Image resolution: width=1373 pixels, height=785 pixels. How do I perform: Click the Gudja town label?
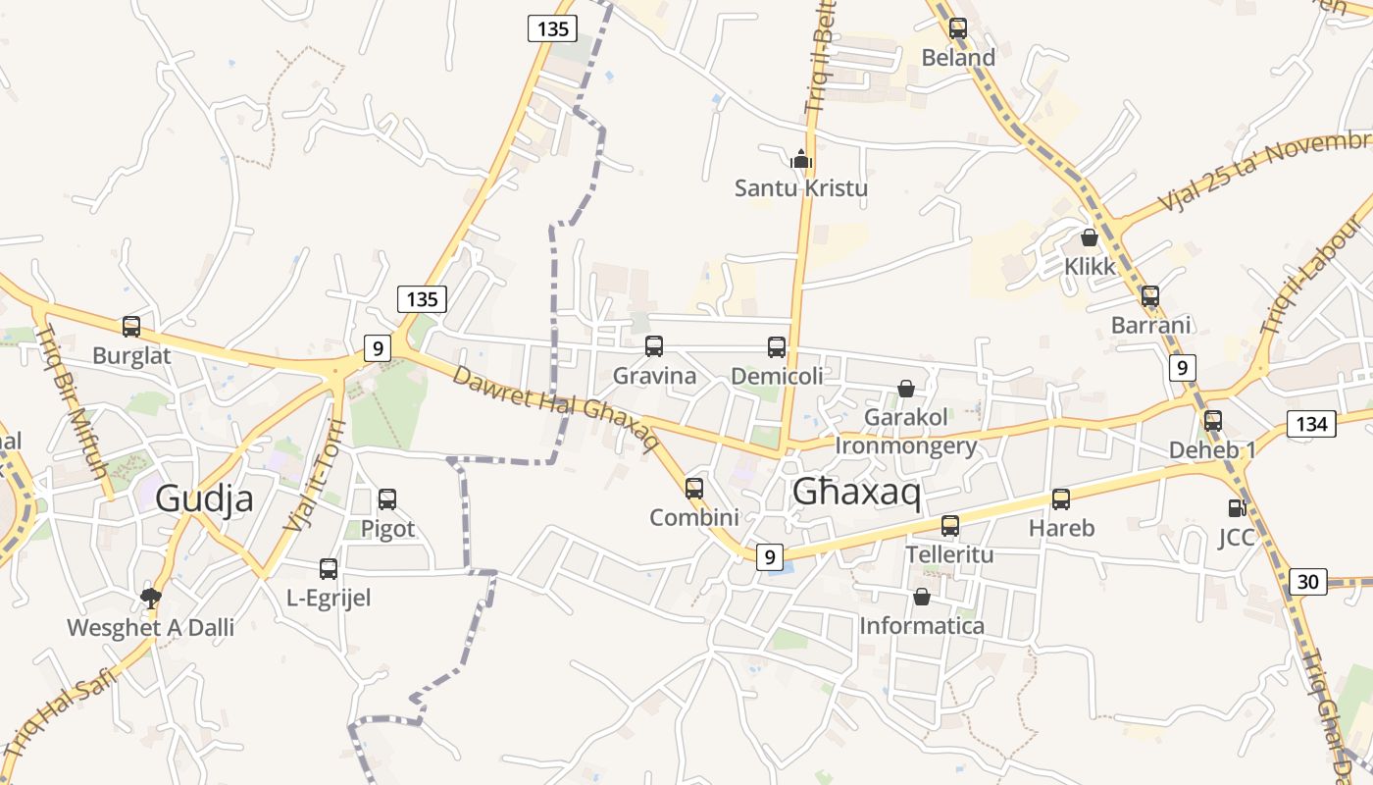(x=204, y=498)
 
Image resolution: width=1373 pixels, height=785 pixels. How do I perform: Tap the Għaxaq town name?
(x=856, y=493)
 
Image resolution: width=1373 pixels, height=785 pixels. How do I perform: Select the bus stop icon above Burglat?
(x=131, y=327)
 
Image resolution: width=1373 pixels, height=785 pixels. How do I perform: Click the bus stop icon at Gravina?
(x=654, y=346)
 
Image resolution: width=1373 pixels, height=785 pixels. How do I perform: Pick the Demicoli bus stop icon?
(x=777, y=346)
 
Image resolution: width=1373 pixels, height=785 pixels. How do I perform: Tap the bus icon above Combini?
(x=694, y=489)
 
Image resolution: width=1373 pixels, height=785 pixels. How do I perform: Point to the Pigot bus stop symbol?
(x=387, y=499)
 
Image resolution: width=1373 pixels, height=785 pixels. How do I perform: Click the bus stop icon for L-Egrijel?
(x=329, y=569)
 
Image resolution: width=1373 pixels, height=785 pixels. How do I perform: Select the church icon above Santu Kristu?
(x=801, y=159)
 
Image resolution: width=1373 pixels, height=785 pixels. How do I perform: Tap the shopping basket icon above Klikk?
(x=1089, y=237)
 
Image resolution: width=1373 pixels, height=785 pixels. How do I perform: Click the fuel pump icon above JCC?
(x=1237, y=508)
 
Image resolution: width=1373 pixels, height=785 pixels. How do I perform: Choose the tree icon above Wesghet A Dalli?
(x=151, y=598)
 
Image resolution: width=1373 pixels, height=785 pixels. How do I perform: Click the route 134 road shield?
(x=1311, y=424)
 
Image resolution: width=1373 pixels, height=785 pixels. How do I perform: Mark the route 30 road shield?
(x=1307, y=582)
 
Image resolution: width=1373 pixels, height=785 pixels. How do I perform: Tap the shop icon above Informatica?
(x=922, y=597)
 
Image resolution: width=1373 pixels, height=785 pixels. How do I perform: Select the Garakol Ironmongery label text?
(x=906, y=432)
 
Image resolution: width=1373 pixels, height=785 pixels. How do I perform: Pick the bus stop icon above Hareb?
(x=1061, y=499)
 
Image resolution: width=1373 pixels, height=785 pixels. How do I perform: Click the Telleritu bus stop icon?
(x=949, y=526)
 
